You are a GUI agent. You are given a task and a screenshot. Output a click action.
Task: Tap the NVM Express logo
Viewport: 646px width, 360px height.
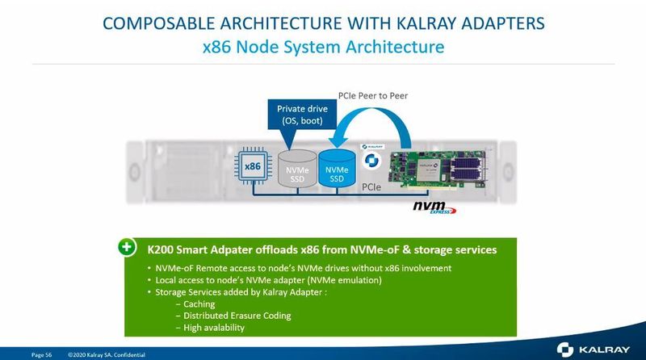click(x=434, y=208)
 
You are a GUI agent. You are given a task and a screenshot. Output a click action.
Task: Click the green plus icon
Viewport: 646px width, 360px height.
click(x=127, y=246)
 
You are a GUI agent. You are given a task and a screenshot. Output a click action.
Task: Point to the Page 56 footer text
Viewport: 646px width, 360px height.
click(x=42, y=354)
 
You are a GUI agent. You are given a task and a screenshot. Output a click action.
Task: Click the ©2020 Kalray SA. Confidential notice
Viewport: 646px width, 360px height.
click(x=103, y=354)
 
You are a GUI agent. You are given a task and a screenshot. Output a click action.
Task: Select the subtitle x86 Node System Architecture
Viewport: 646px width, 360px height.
click(x=323, y=47)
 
